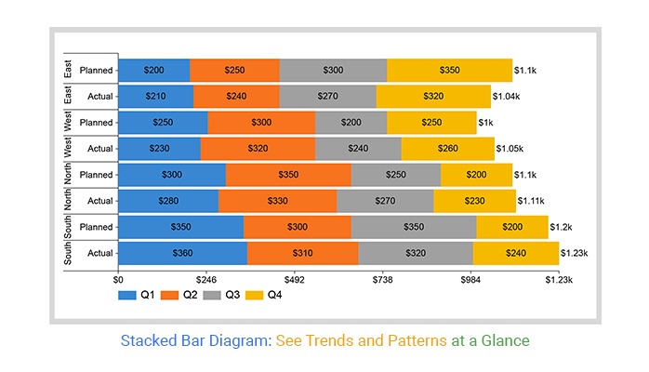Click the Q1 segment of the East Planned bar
click(153, 70)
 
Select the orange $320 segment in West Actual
click(258, 148)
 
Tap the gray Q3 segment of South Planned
click(414, 226)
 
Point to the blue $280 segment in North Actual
click(168, 200)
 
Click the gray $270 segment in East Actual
click(327, 96)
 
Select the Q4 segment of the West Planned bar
click(431, 122)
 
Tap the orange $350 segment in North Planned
click(288, 174)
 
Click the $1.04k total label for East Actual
click(508, 96)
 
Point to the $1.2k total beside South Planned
click(561, 226)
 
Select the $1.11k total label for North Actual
click(530, 200)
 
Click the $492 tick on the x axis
click(294, 278)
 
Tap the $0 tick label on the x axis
click(118, 278)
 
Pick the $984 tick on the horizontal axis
click(470, 278)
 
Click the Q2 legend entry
click(182, 295)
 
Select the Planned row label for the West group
click(97, 122)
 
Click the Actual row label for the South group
click(99, 252)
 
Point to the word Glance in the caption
click(507, 340)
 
